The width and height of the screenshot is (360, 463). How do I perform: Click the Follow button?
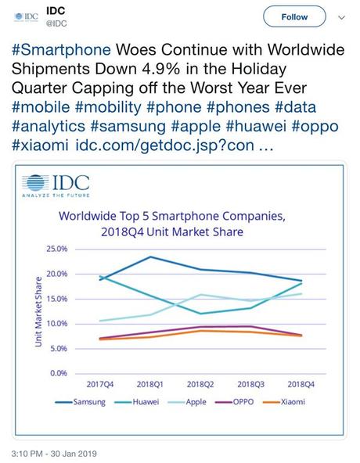tap(294, 16)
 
